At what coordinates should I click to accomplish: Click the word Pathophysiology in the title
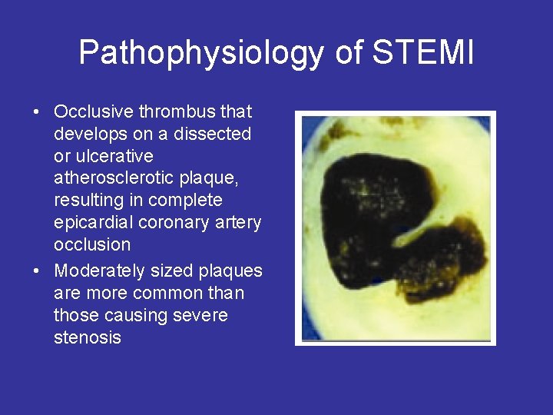[x=202, y=53]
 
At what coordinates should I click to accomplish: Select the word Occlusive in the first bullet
[x=94, y=111]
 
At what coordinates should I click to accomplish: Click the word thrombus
[x=178, y=111]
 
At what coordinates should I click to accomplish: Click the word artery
[x=236, y=223]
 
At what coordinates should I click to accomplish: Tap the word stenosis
[x=88, y=337]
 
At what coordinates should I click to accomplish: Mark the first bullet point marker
[x=36, y=112]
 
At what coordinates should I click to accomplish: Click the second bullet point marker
[x=36, y=271]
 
